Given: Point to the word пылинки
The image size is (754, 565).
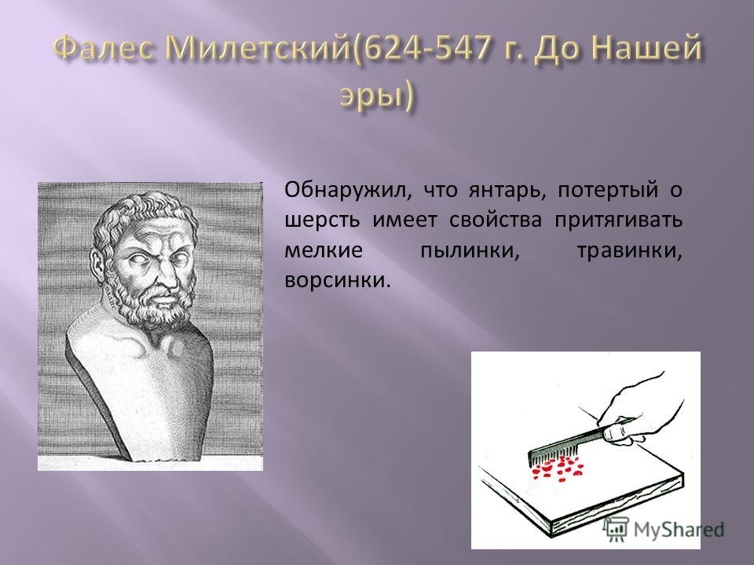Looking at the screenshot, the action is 470,251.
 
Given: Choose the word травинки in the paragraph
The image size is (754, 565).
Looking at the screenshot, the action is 629,251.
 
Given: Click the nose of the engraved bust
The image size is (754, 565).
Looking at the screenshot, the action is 164,279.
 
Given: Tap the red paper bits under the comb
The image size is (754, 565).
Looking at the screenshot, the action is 558,467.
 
